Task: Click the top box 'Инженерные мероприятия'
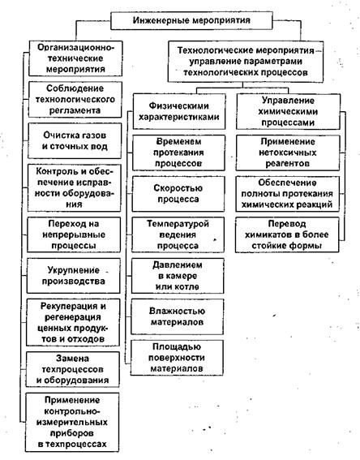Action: coord(191,20)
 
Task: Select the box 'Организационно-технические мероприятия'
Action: coord(75,58)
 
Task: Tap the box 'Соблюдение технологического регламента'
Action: coord(75,100)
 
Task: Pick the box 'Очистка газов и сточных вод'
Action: coord(75,141)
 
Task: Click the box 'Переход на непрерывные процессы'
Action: coord(74,234)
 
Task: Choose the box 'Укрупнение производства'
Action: coord(73,276)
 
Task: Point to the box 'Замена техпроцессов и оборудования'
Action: coord(72,369)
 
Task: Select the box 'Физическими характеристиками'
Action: coord(179,111)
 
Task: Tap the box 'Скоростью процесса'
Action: coord(178,194)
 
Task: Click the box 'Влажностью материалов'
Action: coord(177,317)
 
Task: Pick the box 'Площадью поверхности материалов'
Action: coord(177,358)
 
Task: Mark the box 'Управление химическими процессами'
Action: coord(288,111)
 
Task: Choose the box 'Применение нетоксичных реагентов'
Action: coord(288,153)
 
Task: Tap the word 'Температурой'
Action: coord(178,224)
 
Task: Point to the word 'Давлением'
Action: coord(178,265)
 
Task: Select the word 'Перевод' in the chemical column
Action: coord(287,224)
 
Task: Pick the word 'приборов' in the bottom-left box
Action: coord(72,433)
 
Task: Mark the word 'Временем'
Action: coord(178,142)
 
